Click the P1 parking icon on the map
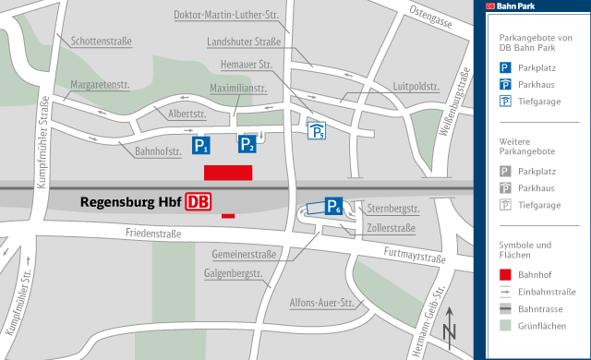[201, 145]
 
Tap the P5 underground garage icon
[316, 131]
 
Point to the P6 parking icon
[334, 207]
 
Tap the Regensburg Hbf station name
[131, 202]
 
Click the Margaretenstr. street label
[99, 84]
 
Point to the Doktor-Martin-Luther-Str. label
[225, 15]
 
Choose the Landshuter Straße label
[244, 42]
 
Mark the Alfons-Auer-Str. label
[322, 302]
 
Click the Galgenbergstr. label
[234, 274]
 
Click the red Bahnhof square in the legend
[504, 274]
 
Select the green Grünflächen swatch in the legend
[504, 325]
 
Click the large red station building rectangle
[228, 173]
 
